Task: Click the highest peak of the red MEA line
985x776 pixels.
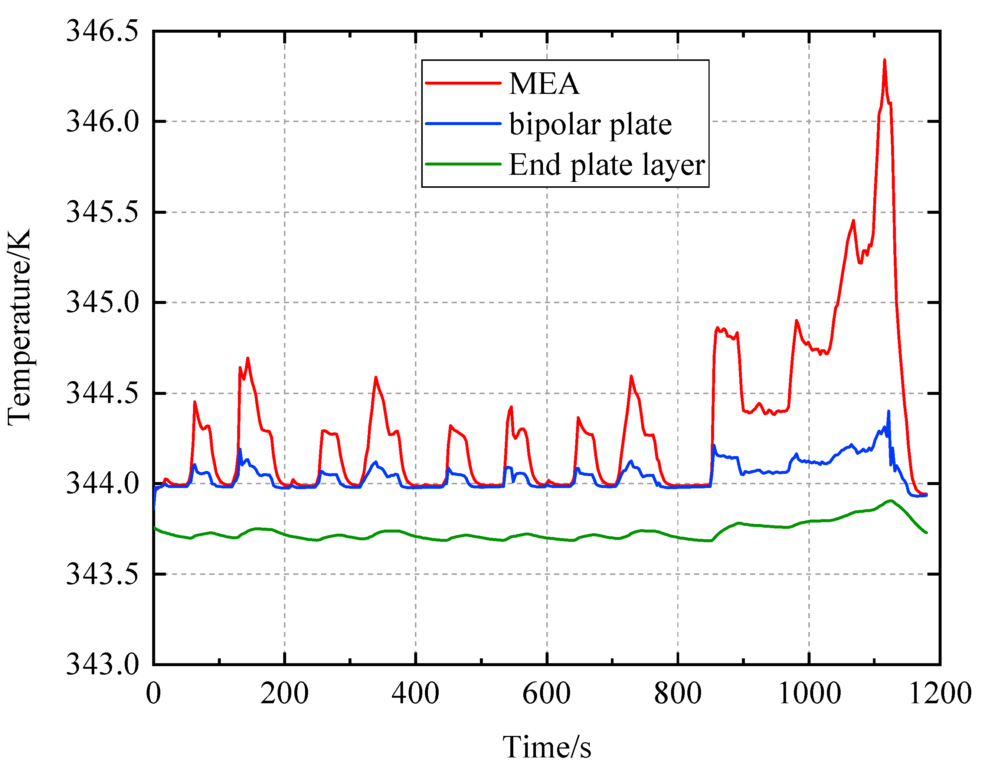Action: pyautogui.click(x=884, y=60)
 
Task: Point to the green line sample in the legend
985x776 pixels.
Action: pyautogui.click(x=463, y=164)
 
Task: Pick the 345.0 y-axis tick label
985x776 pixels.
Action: pyautogui.click(x=102, y=302)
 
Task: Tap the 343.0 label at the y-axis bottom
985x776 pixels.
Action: pyautogui.click(x=102, y=664)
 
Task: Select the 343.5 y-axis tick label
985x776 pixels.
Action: pyautogui.click(x=102, y=574)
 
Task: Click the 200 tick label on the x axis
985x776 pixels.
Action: pyautogui.click(x=284, y=694)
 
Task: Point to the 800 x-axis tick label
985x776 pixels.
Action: pyautogui.click(x=677, y=694)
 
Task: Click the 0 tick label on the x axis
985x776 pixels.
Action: pyautogui.click(x=154, y=694)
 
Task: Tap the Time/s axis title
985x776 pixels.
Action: pyautogui.click(x=547, y=747)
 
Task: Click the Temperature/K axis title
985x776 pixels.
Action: pyautogui.click(x=19, y=327)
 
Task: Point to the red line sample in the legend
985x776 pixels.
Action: pyautogui.click(x=463, y=83)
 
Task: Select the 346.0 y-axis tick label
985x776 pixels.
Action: pyautogui.click(x=102, y=122)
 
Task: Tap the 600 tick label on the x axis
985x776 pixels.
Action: pyautogui.click(x=547, y=694)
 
